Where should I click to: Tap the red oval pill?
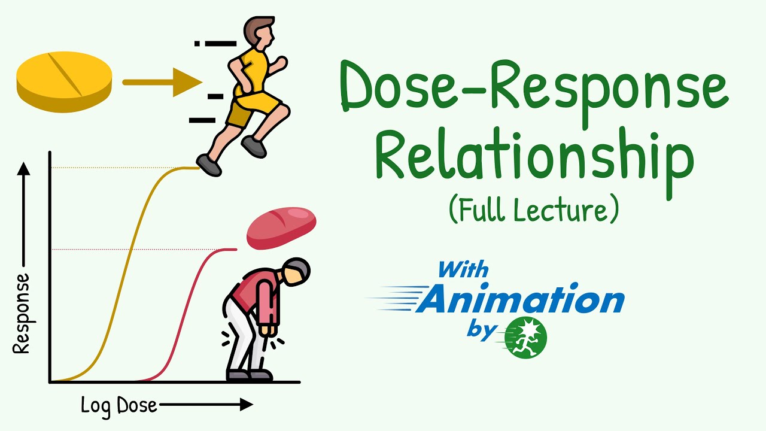(282, 227)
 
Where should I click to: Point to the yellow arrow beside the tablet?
(162, 82)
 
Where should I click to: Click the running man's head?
(259, 33)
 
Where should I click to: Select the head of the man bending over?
(296, 273)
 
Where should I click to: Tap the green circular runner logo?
(525, 337)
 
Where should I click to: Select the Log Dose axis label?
(119, 406)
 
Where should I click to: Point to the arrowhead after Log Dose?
(246, 405)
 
